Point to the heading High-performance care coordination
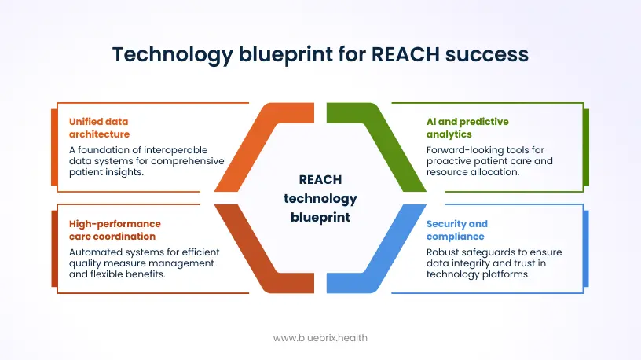point(115,230)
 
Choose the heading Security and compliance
point(457,230)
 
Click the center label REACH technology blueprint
point(320,199)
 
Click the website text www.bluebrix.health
point(320,337)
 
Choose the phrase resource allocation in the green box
point(472,171)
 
